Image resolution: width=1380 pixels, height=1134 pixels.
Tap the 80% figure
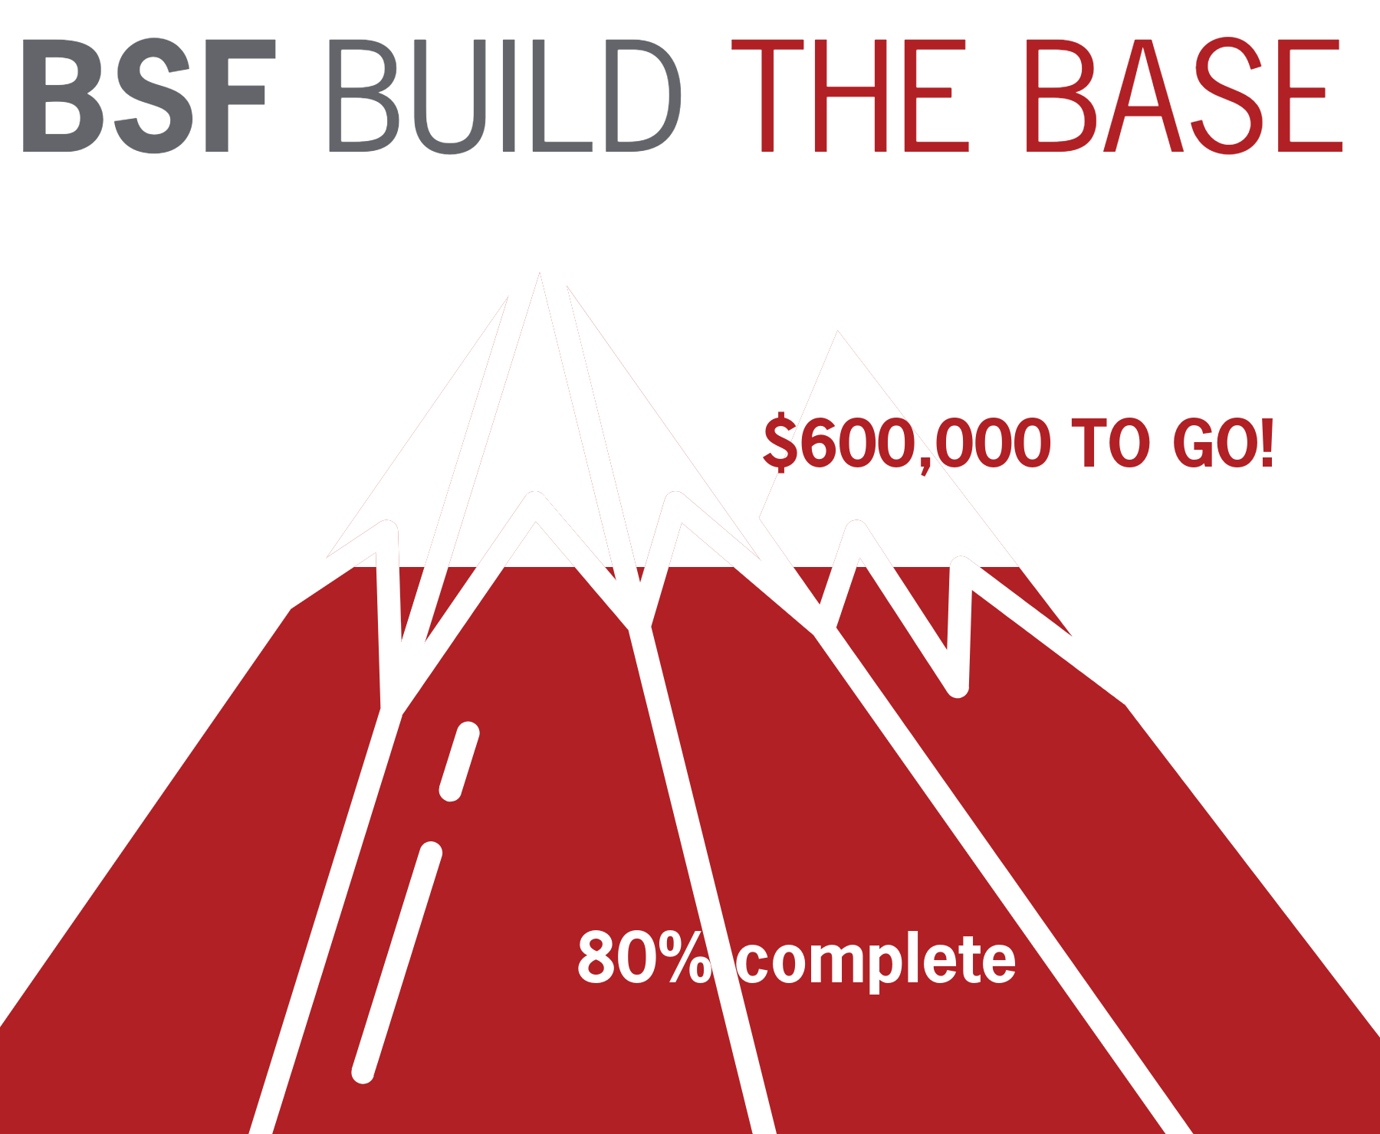[644, 958]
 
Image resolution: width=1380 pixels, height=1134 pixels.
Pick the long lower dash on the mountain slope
[397, 962]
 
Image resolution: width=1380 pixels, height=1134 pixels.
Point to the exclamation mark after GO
[1266, 443]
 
